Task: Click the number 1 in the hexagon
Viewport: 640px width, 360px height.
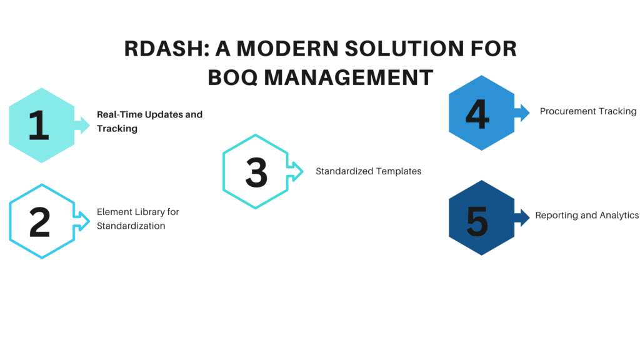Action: point(39,125)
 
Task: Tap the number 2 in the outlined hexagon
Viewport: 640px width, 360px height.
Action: point(39,222)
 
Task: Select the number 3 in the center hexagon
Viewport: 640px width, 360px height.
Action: point(256,172)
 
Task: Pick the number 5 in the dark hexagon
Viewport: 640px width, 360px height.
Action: point(477,221)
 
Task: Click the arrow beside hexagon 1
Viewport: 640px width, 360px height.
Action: point(82,125)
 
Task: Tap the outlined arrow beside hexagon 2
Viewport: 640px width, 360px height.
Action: point(82,222)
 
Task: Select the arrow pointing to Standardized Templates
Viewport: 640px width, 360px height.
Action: point(295,171)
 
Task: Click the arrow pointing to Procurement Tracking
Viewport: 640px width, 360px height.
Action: point(522,112)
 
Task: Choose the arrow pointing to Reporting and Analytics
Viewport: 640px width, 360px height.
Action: point(522,217)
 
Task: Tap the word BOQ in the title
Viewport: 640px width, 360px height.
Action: point(232,77)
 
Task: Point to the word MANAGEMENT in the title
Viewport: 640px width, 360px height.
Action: point(349,77)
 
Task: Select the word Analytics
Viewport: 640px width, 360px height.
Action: point(619,216)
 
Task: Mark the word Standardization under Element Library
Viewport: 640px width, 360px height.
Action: point(131,226)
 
